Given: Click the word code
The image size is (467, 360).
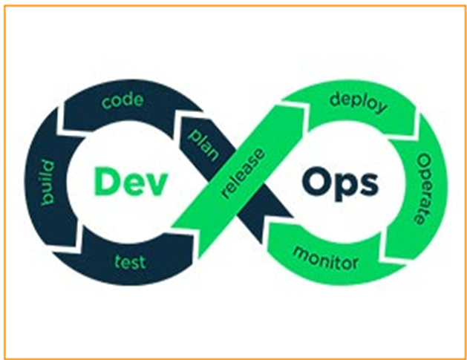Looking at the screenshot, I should (x=123, y=99).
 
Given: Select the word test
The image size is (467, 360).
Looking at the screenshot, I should (x=129, y=261).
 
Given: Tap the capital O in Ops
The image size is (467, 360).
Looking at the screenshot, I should (x=315, y=181).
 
